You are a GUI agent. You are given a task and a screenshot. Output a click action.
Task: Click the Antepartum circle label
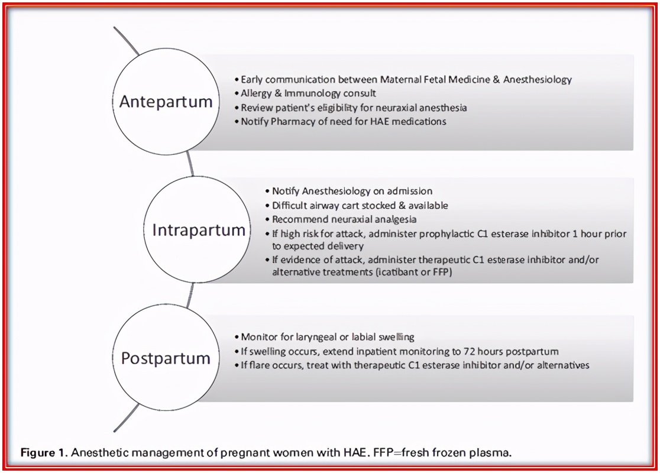coord(166,102)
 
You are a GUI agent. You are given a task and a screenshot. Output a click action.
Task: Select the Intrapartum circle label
coord(199,230)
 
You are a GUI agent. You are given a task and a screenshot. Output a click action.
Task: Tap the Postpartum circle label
coord(166,358)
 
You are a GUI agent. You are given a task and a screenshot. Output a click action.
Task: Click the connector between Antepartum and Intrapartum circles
coord(190,164)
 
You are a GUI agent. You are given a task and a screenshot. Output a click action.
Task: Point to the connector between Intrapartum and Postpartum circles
coord(190,295)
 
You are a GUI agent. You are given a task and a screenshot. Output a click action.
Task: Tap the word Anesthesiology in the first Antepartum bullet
coord(538,80)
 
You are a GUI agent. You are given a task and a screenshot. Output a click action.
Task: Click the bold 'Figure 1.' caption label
coord(44,453)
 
